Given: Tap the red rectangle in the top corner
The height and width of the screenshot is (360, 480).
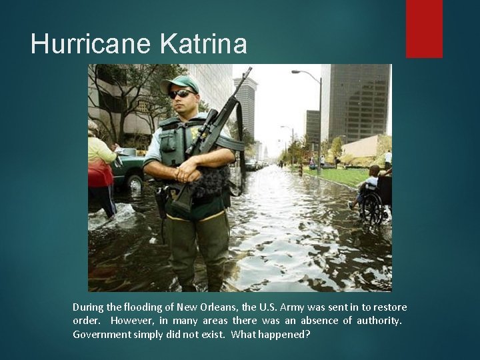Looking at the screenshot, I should (x=424, y=28).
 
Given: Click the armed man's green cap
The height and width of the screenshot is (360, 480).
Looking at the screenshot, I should (x=179, y=83).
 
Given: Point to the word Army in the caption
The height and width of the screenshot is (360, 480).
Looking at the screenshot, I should (x=293, y=307).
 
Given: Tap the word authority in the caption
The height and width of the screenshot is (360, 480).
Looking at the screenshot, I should (x=377, y=321).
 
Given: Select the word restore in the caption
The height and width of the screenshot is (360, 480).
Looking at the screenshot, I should (x=389, y=307).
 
